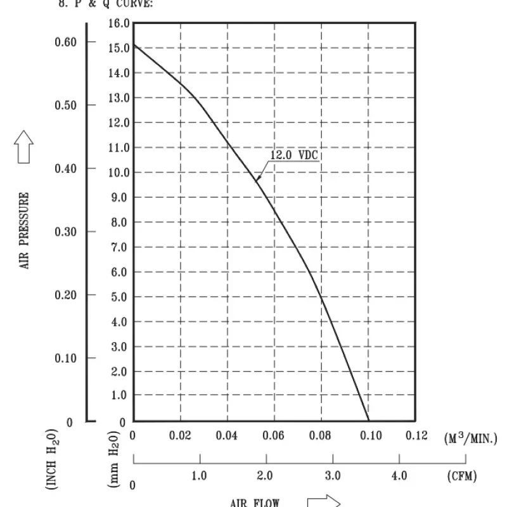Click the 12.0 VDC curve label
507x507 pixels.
[x=294, y=155]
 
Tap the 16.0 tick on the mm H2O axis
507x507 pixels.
[x=119, y=23]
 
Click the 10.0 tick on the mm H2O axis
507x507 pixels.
[x=119, y=172]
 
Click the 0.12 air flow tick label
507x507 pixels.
[x=416, y=435]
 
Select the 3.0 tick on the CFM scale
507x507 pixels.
[x=332, y=475]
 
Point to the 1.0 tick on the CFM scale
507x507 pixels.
[x=200, y=475]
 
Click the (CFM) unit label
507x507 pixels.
[x=461, y=475]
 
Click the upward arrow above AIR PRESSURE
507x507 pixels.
[x=24, y=146]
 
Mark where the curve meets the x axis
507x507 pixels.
[x=368, y=421]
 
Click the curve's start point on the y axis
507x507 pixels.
[x=133, y=45]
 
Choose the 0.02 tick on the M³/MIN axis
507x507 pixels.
[x=179, y=435]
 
